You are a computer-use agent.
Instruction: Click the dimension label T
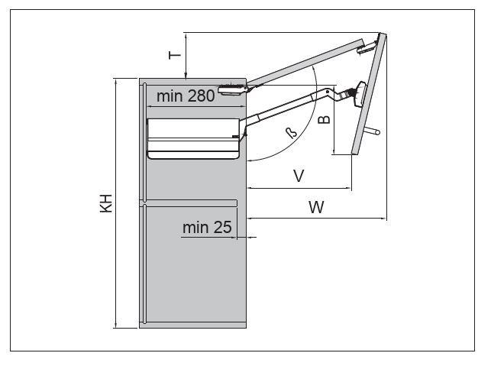tap(174, 54)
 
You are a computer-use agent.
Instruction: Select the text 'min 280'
tap(185, 96)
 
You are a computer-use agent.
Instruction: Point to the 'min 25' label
tap(207, 227)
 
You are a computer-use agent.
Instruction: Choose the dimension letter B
tap(324, 120)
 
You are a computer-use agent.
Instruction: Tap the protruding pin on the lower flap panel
tap(372, 131)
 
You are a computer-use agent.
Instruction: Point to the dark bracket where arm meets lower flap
tap(354, 96)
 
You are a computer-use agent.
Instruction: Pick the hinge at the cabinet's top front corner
tap(231, 89)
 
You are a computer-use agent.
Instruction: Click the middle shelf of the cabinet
tap(191, 202)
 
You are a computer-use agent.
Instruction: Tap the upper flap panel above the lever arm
tap(305, 61)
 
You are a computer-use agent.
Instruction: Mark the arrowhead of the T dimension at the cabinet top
tap(186, 74)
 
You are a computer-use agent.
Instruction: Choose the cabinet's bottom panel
tap(194, 325)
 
